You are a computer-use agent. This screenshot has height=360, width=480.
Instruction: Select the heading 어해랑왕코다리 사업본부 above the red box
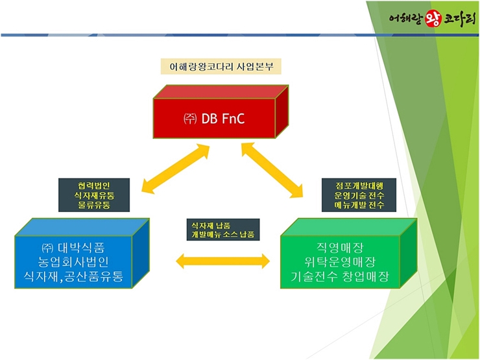(221, 66)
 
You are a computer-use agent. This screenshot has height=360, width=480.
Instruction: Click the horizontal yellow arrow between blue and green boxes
(222, 261)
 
